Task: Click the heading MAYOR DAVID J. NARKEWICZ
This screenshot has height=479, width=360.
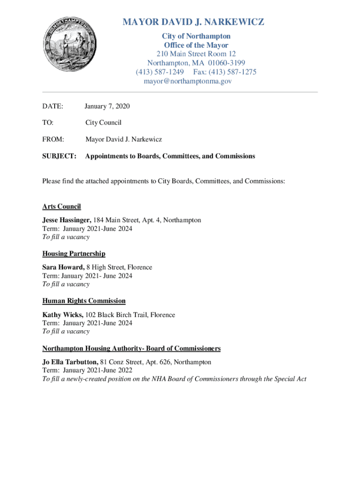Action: pyautogui.click(x=193, y=22)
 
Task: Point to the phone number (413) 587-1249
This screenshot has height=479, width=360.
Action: pyautogui.click(x=159, y=72)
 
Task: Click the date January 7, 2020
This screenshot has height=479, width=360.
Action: pyautogui.click(x=108, y=107)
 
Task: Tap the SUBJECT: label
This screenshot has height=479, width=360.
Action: pyautogui.click(x=59, y=156)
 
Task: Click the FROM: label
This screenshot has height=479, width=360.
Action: pyautogui.click(x=53, y=139)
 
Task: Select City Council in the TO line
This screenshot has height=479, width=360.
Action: pyautogui.click(x=103, y=123)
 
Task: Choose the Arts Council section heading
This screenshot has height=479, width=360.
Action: pyautogui.click(x=61, y=206)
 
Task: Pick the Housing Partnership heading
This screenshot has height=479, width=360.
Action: pyautogui.click(x=73, y=254)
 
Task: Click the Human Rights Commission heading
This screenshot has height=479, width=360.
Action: pyautogui.click(x=84, y=301)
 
